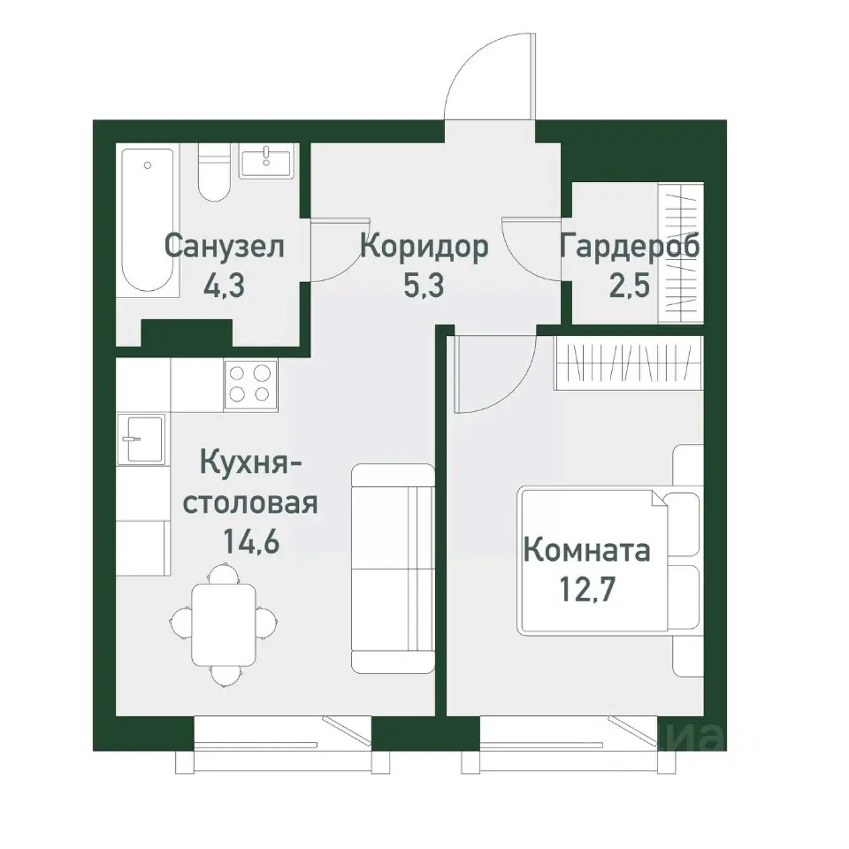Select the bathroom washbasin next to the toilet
(265, 164)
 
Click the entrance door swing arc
(488, 75)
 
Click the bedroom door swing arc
(495, 376)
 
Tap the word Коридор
(424, 247)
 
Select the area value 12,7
(586, 586)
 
